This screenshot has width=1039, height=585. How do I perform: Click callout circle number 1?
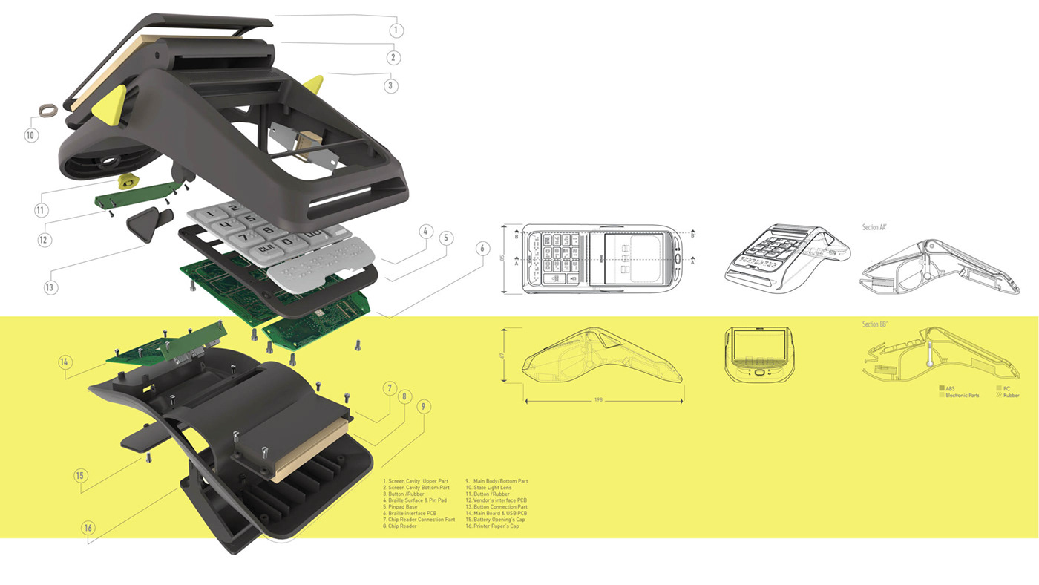[x=396, y=30]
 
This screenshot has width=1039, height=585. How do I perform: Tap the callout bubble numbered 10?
[x=30, y=136]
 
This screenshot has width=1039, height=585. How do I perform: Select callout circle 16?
[x=88, y=528]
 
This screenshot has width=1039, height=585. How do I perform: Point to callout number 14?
[x=66, y=362]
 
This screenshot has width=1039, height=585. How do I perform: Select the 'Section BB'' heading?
[x=875, y=325]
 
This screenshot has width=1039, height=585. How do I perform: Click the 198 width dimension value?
[x=598, y=400]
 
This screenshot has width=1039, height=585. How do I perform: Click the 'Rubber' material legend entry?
[x=1010, y=395]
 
